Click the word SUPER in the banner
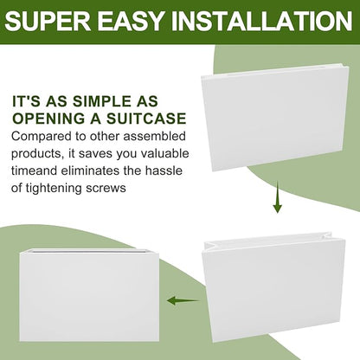pyautogui.click(x=48, y=21)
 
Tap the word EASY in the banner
pyautogui.click(x=132, y=21)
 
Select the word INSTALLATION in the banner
pyautogui.click(x=262, y=21)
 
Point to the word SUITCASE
pyautogui.click(x=146, y=119)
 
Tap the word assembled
pyautogui.click(x=154, y=136)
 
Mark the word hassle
pyautogui.click(x=164, y=170)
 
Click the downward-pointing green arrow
pyautogui.click(x=277, y=197)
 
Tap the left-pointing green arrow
pyautogui.click(x=183, y=300)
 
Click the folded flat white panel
pyautogui.click(x=275, y=118)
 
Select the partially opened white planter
pyautogui.click(x=273, y=286)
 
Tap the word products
pyautogui.click(x=37, y=154)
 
